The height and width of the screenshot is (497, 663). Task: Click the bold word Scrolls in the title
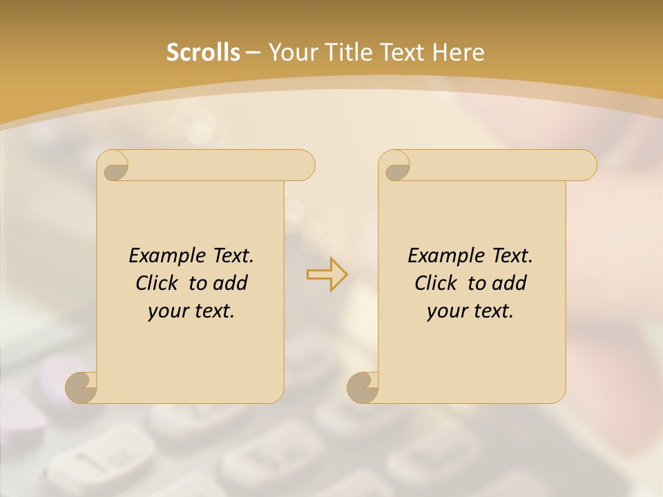pyautogui.click(x=203, y=52)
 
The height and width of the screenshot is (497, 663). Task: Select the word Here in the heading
pyautogui.click(x=458, y=52)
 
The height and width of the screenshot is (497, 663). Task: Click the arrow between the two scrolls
pyautogui.click(x=327, y=274)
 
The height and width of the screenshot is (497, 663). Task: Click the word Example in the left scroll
pyautogui.click(x=167, y=256)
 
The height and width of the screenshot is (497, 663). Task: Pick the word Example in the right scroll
pyautogui.click(x=446, y=256)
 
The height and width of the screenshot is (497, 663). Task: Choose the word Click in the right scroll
pyautogui.click(x=435, y=283)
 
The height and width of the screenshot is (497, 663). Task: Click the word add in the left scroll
pyautogui.click(x=231, y=283)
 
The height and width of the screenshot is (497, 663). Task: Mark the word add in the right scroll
pyautogui.click(x=510, y=283)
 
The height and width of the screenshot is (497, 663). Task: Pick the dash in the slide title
pyautogui.click(x=253, y=52)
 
